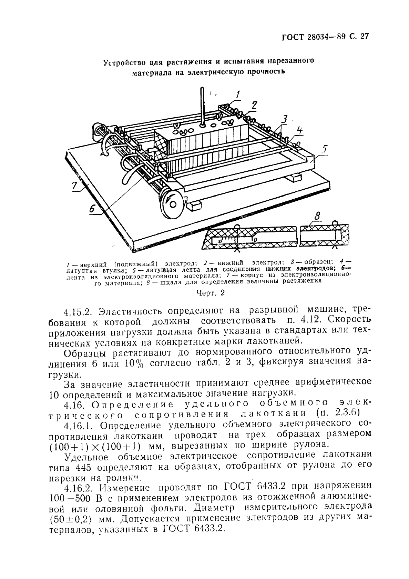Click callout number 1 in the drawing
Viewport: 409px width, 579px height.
point(238,94)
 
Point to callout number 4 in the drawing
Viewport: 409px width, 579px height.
point(300,131)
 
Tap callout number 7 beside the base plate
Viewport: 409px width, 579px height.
point(75,186)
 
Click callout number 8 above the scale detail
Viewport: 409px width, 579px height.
point(317,216)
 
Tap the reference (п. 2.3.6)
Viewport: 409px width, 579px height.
point(337,413)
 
